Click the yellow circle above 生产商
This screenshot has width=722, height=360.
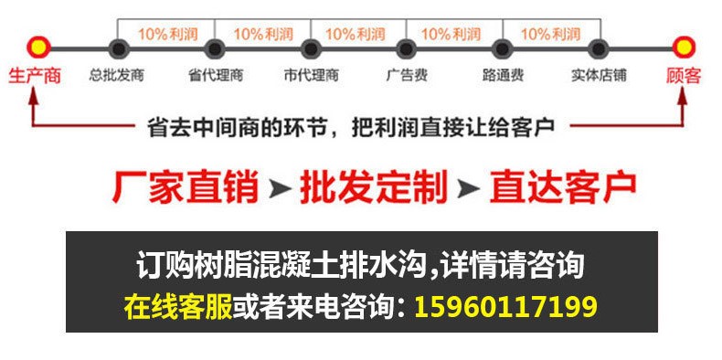(x=37, y=47)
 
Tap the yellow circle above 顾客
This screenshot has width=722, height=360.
(x=684, y=47)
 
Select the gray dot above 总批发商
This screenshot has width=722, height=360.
(x=116, y=48)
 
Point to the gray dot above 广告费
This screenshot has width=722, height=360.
(x=407, y=48)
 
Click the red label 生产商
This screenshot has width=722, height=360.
(x=34, y=76)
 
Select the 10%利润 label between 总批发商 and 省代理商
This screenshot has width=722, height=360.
(x=165, y=34)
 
